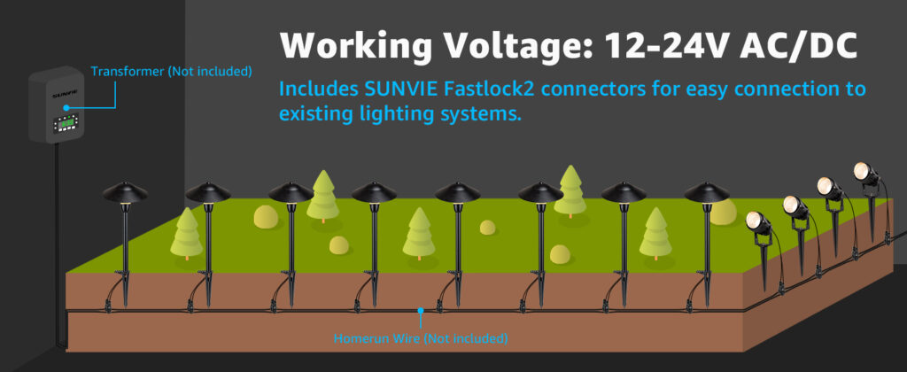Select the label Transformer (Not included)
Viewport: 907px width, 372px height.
pos(171,71)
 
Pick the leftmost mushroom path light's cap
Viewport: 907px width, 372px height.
pos(125,192)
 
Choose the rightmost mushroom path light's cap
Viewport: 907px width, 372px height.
pos(707,192)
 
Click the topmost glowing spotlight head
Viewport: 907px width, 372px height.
pos(863,170)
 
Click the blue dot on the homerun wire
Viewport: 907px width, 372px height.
pos(420,311)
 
